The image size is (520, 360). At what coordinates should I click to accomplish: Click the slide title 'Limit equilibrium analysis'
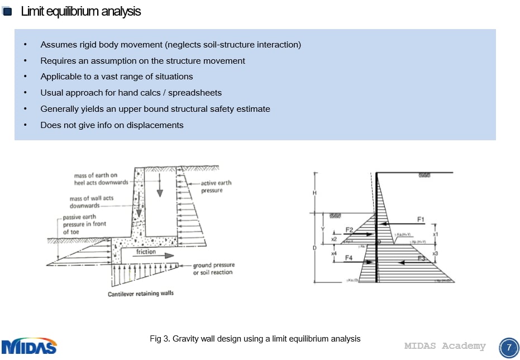coord(81,11)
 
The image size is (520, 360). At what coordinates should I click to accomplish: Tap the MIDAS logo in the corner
coord(29,346)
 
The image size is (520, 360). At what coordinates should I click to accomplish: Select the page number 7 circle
coord(508,347)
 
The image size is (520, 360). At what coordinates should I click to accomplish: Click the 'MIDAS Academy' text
coord(445,346)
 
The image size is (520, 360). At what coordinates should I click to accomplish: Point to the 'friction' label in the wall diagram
coord(146,252)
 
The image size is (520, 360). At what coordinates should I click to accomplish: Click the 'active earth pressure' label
coord(216,187)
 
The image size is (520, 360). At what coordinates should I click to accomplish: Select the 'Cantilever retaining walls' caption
coord(140,293)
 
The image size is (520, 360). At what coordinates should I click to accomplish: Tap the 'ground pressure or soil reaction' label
coord(213,269)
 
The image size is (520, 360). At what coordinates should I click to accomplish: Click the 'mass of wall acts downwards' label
coord(92,202)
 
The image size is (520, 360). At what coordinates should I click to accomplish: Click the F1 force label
coord(421,219)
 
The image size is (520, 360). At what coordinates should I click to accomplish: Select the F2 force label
coord(349,230)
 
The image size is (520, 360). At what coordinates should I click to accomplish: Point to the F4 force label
coord(349,258)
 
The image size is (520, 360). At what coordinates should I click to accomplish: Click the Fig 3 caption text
coord(255,339)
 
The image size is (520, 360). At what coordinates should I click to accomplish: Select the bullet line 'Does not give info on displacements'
coord(112,125)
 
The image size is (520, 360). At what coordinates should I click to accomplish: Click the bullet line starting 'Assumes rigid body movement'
coord(170,45)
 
